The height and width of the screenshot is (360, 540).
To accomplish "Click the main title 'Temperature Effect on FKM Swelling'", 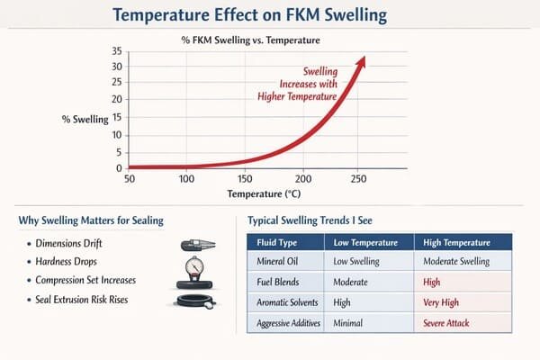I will pyautogui.click(x=270, y=15).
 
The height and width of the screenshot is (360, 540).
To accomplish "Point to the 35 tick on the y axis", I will pyautogui.click(x=115, y=50).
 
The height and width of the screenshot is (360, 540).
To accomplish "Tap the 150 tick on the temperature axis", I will pyautogui.click(x=245, y=178).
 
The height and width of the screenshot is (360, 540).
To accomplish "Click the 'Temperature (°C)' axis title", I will pyautogui.click(x=264, y=193).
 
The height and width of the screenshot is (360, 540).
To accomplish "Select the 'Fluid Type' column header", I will pyautogui.click(x=279, y=243).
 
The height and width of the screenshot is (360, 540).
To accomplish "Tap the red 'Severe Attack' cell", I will pyautogui.click(x=448, y=321).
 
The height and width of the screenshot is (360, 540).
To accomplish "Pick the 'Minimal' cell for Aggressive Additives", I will pyautogui.click(x=350, y=321).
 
